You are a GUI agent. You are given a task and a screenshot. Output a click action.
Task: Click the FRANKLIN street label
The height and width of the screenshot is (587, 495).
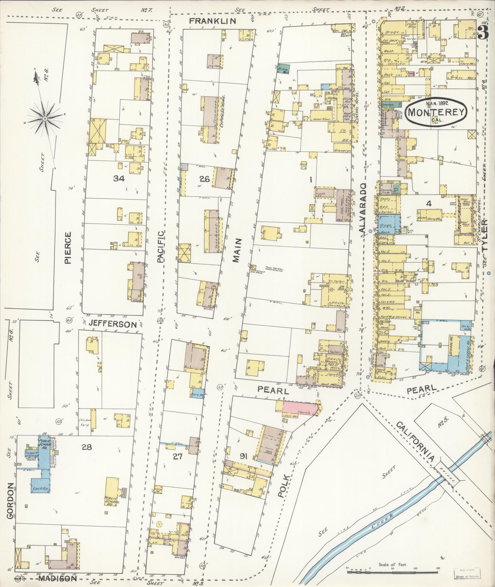(212, 21)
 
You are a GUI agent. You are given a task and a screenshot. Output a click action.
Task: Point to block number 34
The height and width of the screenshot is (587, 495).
(119, 179)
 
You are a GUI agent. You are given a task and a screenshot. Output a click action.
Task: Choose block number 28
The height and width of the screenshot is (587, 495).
(87, 447)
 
